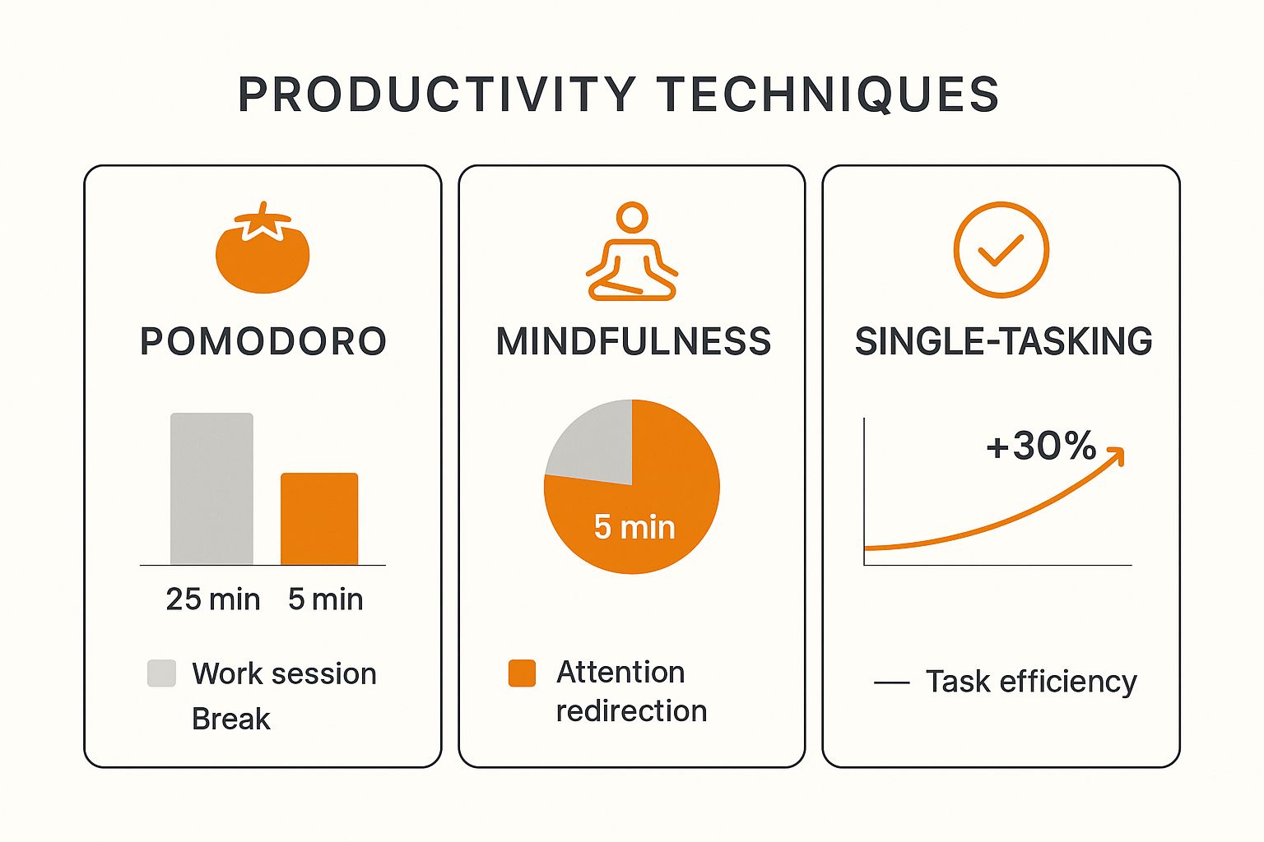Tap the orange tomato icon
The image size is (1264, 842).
pos(263,250)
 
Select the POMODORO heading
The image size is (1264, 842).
pos(263,341)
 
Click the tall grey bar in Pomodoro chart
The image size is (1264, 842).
pos(211,489)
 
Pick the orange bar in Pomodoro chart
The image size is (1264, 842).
pos(319,519)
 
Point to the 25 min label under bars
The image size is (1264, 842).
pos(213,599)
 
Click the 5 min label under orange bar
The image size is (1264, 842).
pos(325,599)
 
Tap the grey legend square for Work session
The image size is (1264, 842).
pos(161,673)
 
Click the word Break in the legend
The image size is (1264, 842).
pos(230,719)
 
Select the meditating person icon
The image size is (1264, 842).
pos(632,252)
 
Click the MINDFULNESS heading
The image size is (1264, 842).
pos(633,341)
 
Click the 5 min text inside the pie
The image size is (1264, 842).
pos(634,527)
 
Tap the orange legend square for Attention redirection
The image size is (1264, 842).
pos(522,673)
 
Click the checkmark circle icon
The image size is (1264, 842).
pos(1001,250)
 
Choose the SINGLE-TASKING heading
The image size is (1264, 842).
pos(1003,341)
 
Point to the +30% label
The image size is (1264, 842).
pos(1041,446)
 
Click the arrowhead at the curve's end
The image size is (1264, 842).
pos(1118,454)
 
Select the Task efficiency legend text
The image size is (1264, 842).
pos(1030,682)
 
